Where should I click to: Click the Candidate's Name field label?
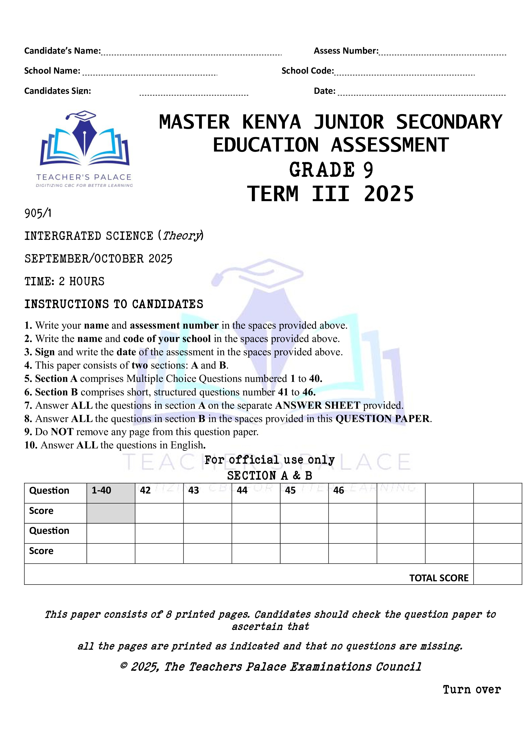[62, 51]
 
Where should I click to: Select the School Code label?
[307, 71]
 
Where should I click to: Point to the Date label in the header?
[325, 91]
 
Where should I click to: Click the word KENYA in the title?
[271, 122]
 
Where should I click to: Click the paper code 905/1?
[38, 214]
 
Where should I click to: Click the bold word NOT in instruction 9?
[62, 432]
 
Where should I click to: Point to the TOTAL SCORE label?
[439, 578]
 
